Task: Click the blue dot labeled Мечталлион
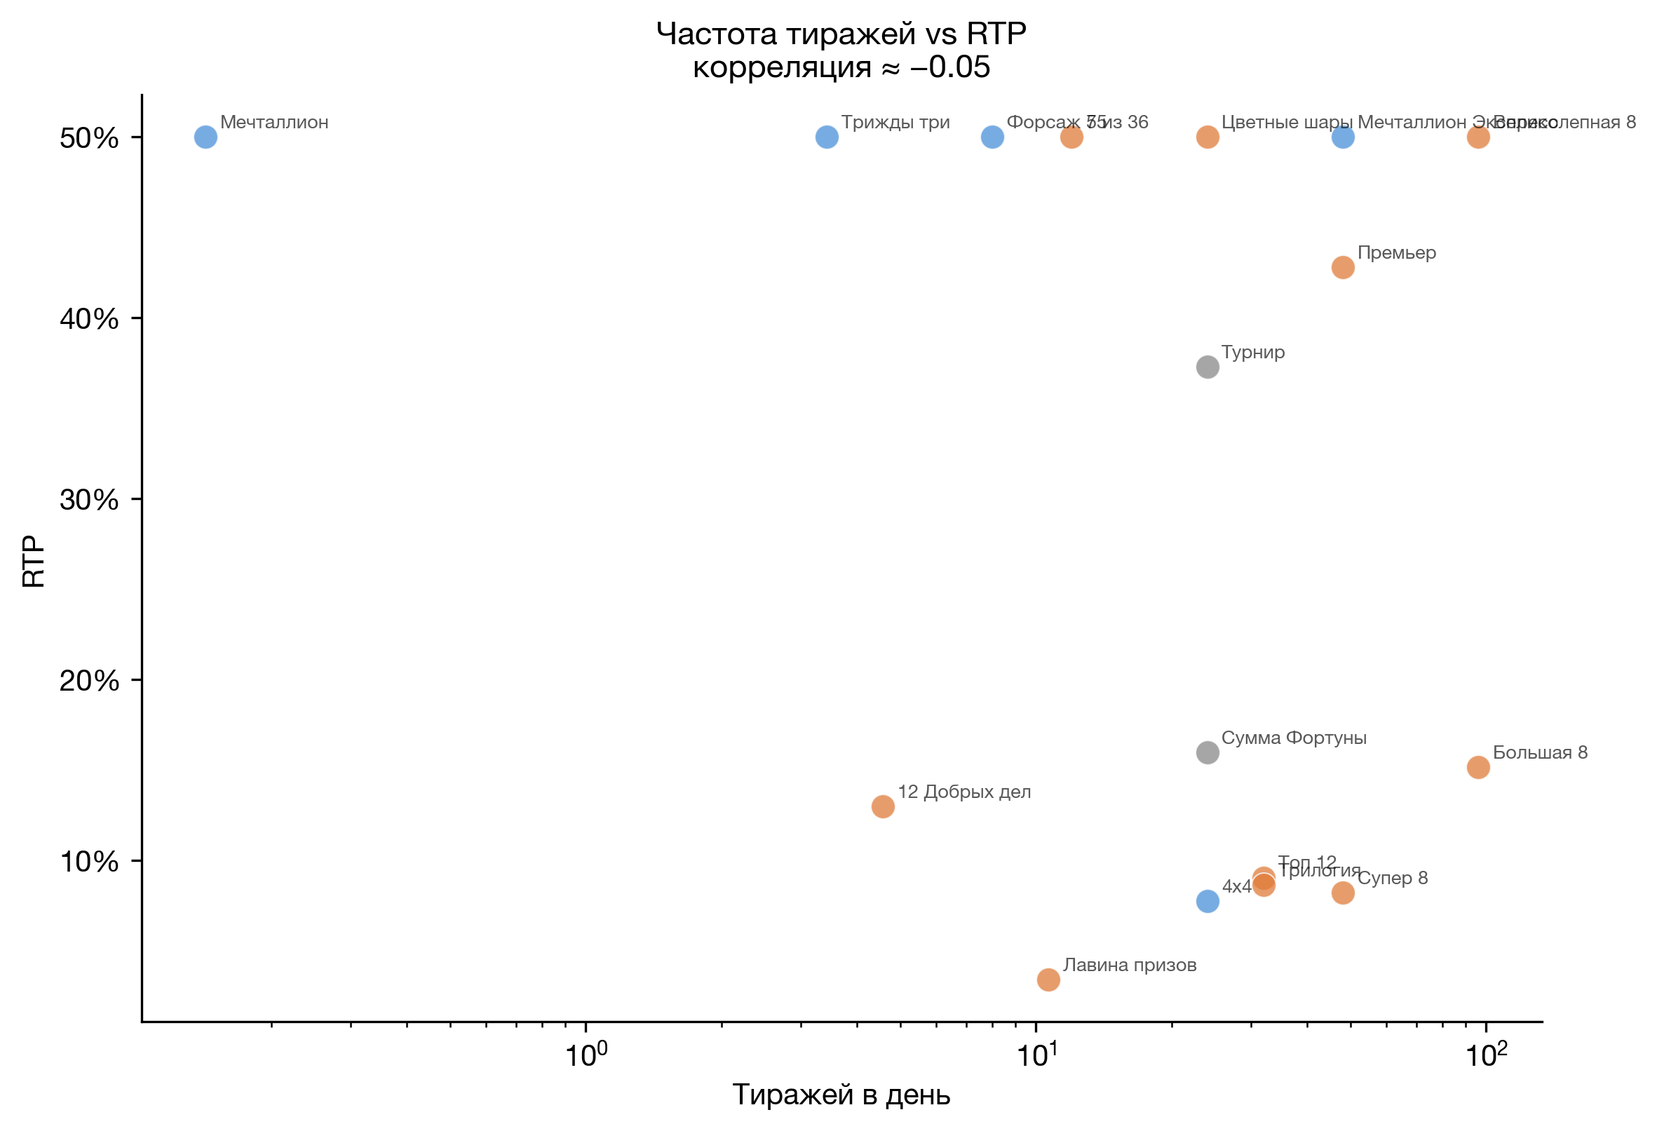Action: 205,137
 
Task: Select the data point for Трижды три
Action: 826,137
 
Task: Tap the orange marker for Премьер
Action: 1343,267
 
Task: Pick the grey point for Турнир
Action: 1207,367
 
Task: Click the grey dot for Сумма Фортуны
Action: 1207,752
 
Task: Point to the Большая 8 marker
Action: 1478,767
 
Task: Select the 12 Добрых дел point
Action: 883,806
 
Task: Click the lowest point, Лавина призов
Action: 1048,979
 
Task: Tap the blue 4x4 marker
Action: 1207,902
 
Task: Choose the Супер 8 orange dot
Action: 1343,893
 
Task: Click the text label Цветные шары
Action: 1286,122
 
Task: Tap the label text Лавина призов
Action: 1130,965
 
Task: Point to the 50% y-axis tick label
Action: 89,138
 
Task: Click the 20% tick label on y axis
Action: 89,681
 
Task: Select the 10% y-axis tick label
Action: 89,862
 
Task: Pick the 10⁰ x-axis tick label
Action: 586,1054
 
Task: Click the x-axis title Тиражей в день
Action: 841,1095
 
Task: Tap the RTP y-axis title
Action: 34,561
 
